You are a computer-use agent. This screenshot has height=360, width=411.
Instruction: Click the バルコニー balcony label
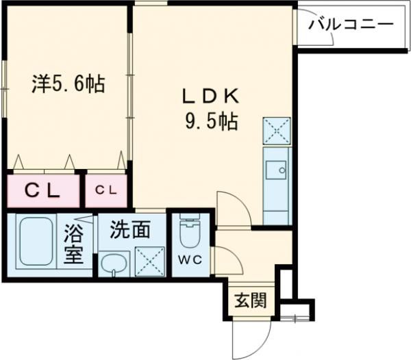351,25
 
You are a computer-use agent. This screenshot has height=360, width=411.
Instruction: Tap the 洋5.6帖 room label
67,84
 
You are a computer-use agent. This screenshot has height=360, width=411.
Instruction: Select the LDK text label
209,94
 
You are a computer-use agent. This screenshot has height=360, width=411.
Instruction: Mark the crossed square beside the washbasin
149,261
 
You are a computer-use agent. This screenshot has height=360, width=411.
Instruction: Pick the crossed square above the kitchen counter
277,131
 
